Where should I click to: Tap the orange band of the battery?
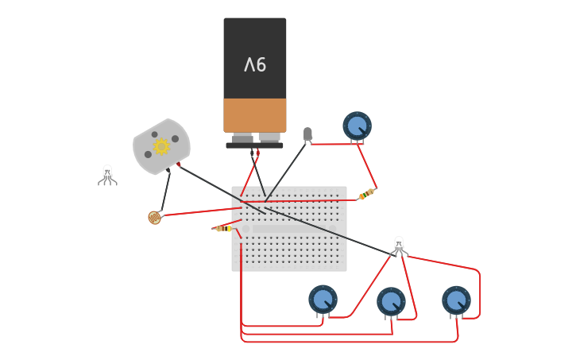[x=255, y=115]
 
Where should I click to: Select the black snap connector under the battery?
[x=254, y=145]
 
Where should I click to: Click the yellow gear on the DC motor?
[x=161, y=146]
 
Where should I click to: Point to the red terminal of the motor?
[x=179, y=165]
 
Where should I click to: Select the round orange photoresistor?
[x=154, y=217]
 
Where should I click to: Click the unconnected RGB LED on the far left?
[x=107, y=175]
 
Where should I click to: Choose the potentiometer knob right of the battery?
[x=357, y=126]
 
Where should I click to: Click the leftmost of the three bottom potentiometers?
[x=323, y=299]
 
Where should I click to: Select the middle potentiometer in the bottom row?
[x=391, y=301]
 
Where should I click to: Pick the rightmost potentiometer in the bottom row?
[x=456, y=300]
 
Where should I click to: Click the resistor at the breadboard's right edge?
[x=366, y=193]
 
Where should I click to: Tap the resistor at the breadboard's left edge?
[x=224, y=228]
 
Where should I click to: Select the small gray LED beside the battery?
[x=307, y=134]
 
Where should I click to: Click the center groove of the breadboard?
[x=289, y=229]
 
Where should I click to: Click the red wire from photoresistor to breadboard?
[x=199, y=211]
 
